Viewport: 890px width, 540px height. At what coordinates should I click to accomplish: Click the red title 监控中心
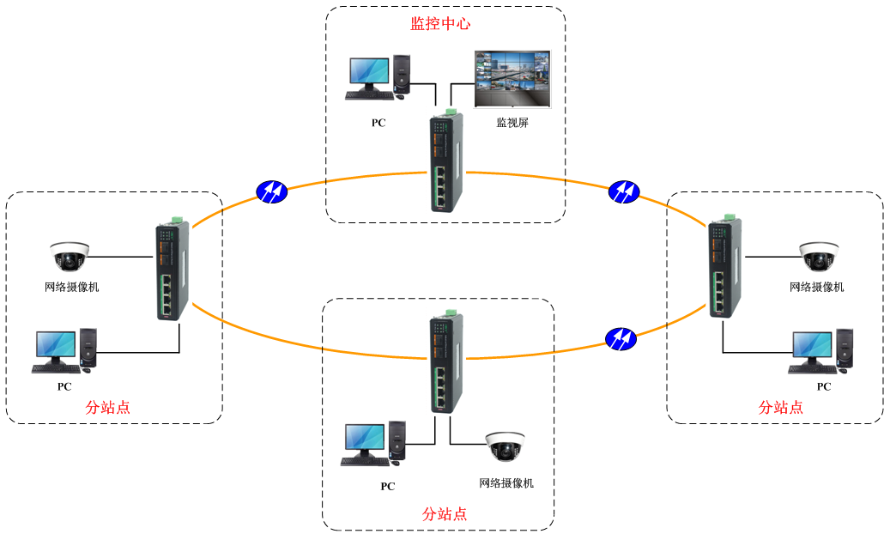(440, 24)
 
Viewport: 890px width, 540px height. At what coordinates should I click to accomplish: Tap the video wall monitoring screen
(512, 78)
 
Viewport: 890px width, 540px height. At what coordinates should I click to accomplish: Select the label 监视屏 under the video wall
(512, 123)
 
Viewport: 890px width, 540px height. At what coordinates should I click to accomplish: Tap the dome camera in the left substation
(70, 257)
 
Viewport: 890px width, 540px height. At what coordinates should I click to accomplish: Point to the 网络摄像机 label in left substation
(72, 287)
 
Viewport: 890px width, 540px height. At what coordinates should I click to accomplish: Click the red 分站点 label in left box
(108, 407)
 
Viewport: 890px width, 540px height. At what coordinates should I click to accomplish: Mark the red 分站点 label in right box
(781, 407)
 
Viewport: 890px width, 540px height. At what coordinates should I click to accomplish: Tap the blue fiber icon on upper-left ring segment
(272, 191)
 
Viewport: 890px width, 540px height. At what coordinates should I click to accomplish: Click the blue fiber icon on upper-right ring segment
(623, 191)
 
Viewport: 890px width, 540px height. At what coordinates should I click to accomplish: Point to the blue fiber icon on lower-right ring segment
(621, 338)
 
